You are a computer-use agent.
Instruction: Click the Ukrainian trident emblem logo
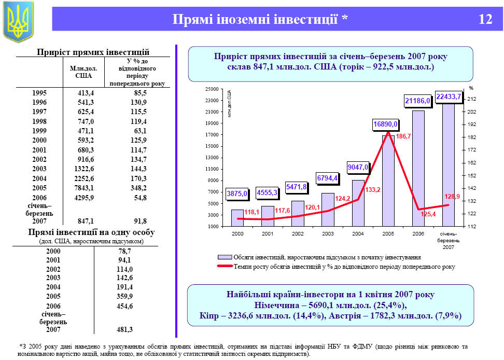click(x=18, y=22)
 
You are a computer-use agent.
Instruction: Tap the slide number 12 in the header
click(x=485, y=20)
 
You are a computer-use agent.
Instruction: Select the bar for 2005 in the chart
click(x=388, y=182)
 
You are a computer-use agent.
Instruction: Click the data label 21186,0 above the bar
click(x=417, y=101)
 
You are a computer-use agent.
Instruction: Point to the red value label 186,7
click(x=403, y=136)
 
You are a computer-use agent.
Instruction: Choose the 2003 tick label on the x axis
click(x=328, y=234)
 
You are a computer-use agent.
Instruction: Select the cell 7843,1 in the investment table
click(x=81, y=187)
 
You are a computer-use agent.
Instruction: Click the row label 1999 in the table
click(x=39, y=131)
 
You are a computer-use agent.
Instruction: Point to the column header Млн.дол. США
click(x=80, y=72)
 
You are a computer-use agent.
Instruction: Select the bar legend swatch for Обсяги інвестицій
click(x=224, y=257)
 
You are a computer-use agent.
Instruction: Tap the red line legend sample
click(x=224, y=267)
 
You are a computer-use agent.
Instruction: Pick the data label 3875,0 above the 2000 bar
click(x=237, y=194)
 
